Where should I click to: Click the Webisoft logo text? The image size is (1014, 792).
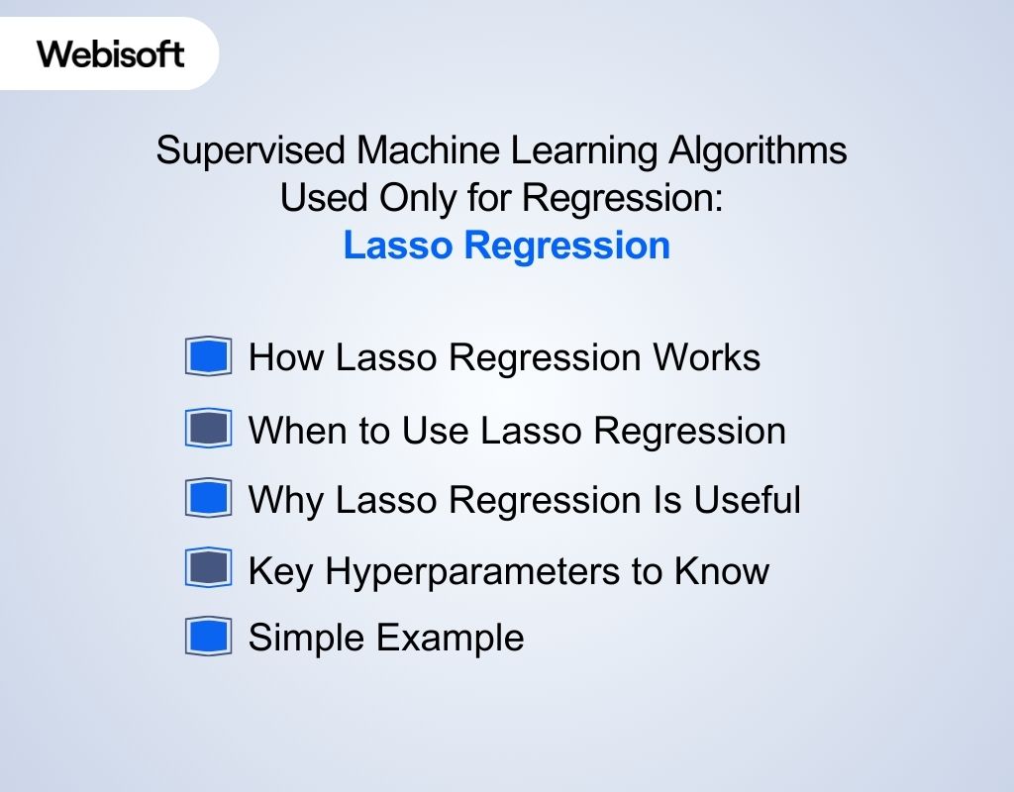[x=111, y=53]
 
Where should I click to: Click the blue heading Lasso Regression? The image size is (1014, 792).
[x=506, y=246]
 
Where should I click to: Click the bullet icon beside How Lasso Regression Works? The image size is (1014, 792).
[x=208, y=356]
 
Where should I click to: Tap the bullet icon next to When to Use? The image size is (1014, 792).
[x=208, y=430]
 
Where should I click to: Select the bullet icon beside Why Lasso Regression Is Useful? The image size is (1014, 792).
[x=208, y=499]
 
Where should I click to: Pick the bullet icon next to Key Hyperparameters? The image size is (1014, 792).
[x=208, y=569]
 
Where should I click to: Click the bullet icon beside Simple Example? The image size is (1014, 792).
[x=208, y=637]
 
